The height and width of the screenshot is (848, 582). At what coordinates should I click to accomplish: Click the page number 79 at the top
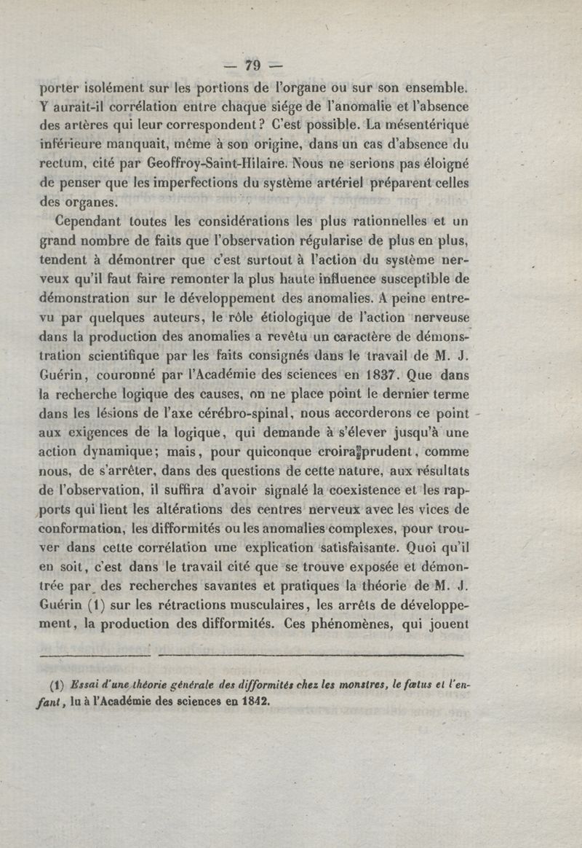point(253,66)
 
